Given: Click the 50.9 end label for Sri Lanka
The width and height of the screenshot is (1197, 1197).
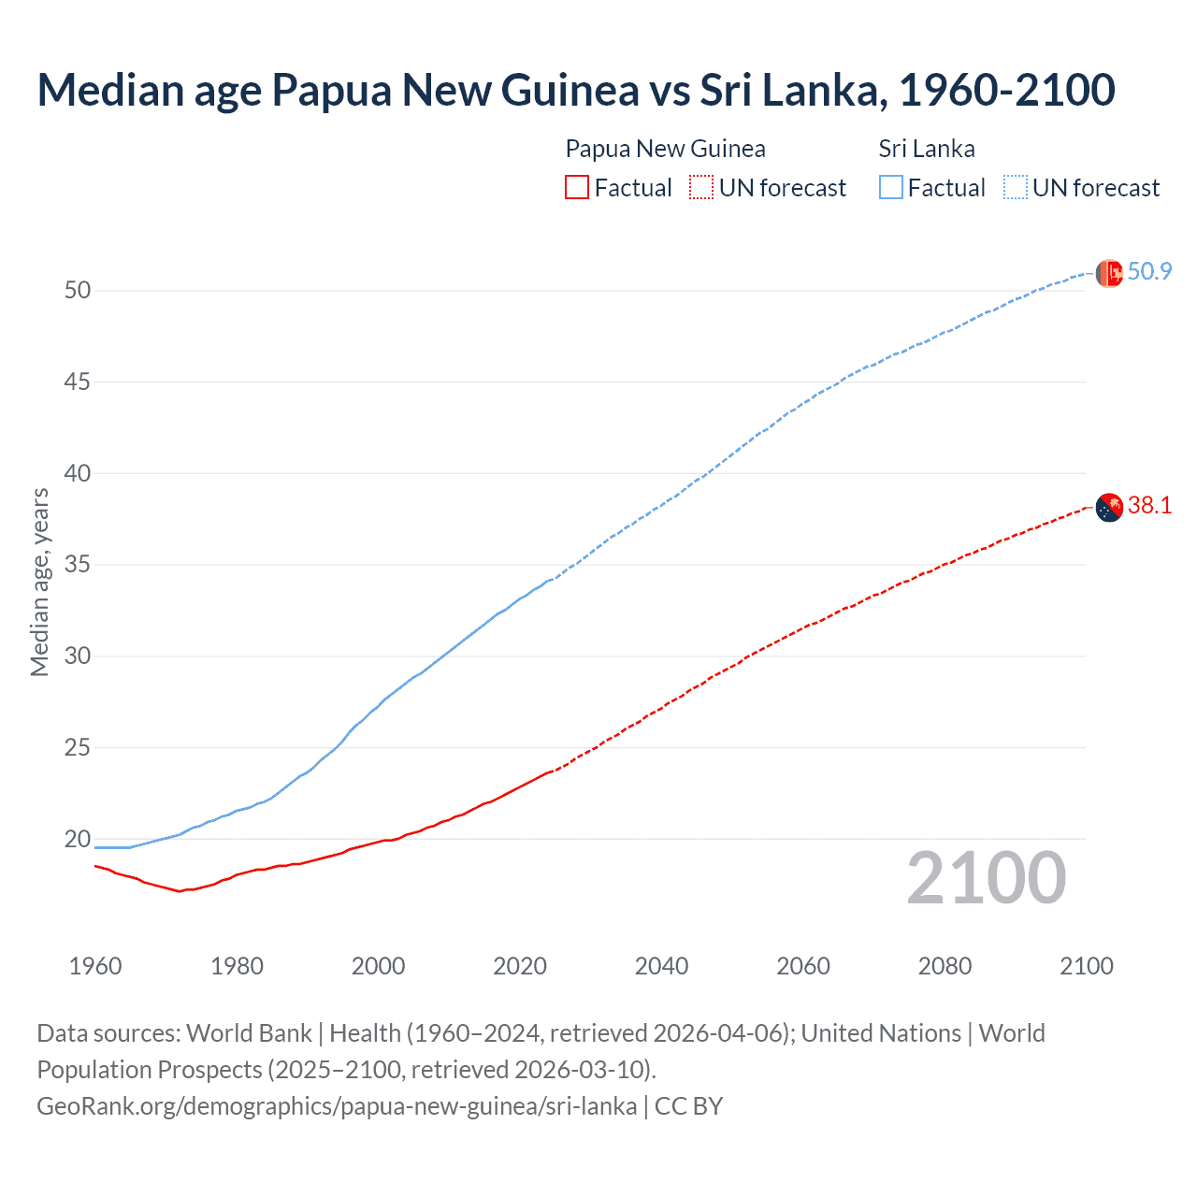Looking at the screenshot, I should click(x=1149, y=272).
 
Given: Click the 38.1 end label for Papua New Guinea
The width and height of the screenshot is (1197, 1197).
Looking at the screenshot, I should click(x=1149, y=506).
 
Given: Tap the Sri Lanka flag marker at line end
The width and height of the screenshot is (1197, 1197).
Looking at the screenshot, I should click(x=1109, y=273).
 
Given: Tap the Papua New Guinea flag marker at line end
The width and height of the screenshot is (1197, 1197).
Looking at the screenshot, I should click(x=1109, y=507).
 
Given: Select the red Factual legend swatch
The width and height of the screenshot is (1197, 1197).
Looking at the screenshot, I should click(x=577, y=188).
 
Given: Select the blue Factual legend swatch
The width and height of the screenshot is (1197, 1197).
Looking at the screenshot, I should click(x=891, y=188).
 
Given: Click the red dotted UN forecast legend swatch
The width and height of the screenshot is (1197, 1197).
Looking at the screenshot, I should click(x=701, y=188).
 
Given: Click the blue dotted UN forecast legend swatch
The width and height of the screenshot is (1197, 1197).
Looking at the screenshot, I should click(x=1016, y=188).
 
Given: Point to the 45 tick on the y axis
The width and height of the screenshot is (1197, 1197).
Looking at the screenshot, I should click(x=78, y=382).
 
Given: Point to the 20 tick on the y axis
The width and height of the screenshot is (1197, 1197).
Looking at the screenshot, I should click(x=78, y=839).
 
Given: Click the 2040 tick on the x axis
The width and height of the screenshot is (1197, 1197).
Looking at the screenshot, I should click(x=661, y=966).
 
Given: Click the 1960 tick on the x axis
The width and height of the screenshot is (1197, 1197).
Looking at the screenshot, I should click(x=95, y=966).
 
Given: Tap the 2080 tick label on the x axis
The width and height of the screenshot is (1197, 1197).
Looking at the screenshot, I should click(x=945, y=966).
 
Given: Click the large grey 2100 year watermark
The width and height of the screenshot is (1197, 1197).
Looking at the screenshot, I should click(x=986, y=877).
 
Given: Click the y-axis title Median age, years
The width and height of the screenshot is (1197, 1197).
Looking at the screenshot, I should click(x=39, y=582).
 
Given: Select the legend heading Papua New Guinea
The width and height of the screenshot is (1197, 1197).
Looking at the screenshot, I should click(x=665, y=149).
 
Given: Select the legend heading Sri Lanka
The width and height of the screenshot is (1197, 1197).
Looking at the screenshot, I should click(x=927, y=149).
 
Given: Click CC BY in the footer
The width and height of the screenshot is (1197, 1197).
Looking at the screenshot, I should click(x=689, y=1106).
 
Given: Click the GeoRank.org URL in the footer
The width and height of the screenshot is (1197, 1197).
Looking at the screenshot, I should click(x=337, y=1106).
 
